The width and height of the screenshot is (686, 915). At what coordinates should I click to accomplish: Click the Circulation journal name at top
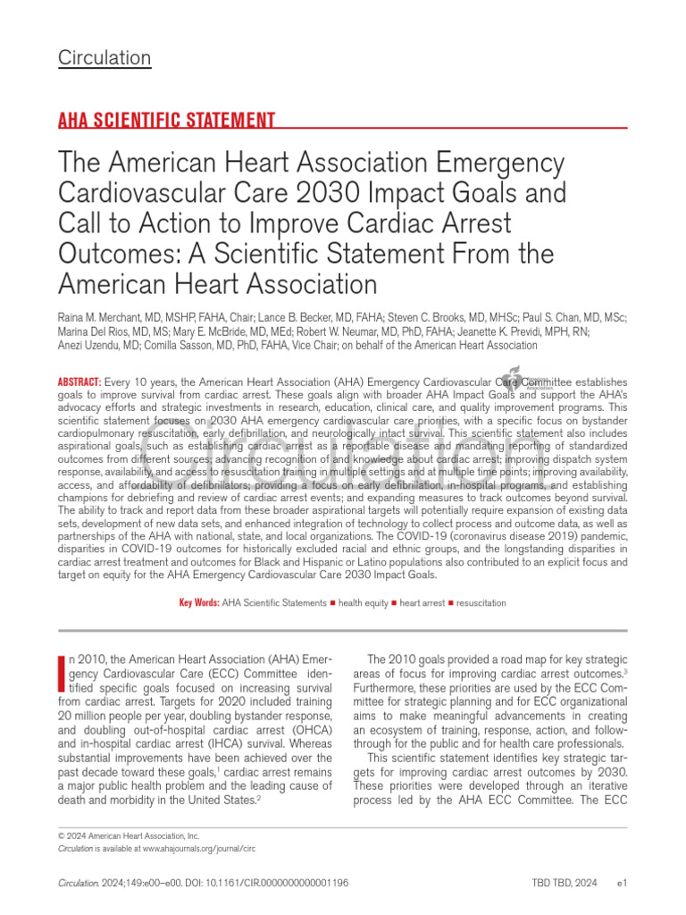coord(105,59)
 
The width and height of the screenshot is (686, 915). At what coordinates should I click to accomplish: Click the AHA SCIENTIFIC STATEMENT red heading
coord(166,121)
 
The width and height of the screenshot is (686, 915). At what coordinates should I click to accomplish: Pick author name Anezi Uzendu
coord(88,345)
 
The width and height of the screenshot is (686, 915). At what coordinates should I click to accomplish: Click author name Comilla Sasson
coord(177,345)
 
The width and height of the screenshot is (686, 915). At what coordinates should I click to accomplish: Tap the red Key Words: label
coord(199,603)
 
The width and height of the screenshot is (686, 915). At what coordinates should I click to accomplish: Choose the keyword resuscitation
coord(483,603)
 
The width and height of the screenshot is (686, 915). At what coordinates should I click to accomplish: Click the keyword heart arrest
coord(422,603)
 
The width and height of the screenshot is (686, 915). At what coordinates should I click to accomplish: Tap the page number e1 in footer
coord(623,883)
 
